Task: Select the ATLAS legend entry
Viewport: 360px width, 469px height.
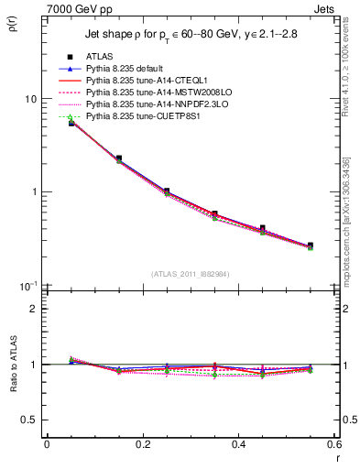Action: [x=103, y=56]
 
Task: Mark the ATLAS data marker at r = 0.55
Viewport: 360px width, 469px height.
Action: [x=311, y=245]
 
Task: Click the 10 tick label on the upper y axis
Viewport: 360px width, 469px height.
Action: [x=28, y=99]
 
